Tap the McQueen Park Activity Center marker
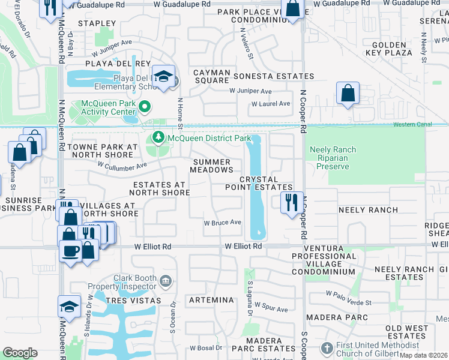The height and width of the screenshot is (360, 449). point(144,107)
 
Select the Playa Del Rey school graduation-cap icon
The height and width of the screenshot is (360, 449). point(163,76)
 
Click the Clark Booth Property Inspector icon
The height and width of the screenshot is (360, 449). point(167,280)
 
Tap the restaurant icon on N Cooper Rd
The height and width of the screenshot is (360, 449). point(291,201)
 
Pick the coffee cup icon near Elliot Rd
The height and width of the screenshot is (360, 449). point(70,250)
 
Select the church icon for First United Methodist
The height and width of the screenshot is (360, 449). point(326,348)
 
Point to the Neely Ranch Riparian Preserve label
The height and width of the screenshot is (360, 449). point(333,158)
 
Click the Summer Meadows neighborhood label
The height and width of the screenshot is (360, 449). point(211,166)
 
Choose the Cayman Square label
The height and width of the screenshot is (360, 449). point(211,76)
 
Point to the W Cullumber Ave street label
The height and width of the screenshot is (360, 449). point(122,166)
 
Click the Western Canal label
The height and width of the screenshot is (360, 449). point(412,125)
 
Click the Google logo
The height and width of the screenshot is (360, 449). point(20,353)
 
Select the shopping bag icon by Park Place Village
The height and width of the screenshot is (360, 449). point(292,10)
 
